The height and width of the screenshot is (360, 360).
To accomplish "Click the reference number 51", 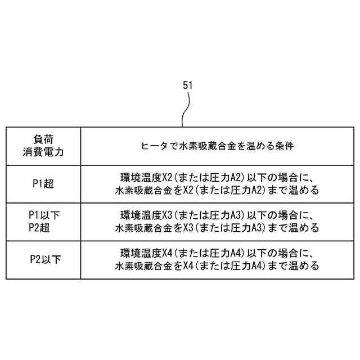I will click(x=188, y=85).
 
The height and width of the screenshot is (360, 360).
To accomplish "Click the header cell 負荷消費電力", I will click(x=43, y=146).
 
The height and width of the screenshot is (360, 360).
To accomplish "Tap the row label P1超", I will click(x=43, y=183).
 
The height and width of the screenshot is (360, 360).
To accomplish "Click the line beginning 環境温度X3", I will click(x=217, y=215).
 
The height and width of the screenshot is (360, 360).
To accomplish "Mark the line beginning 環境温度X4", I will click(x=217, y=253).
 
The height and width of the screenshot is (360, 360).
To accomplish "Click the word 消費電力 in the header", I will click(x=43, y=152).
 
